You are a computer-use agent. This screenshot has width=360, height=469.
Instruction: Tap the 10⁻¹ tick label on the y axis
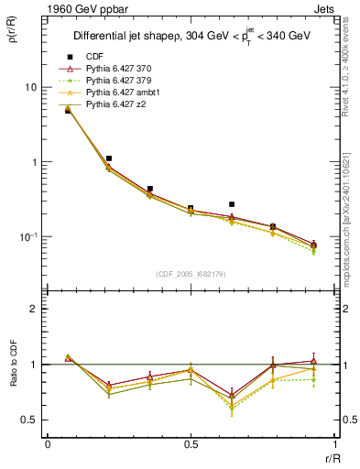(x=27, y=237)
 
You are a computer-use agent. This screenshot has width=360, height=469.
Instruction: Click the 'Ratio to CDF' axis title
(x=16, y=383)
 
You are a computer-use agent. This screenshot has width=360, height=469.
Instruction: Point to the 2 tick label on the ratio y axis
(x=33, y=310)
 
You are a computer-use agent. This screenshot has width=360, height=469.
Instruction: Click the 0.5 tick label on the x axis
(x=191, y=444)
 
